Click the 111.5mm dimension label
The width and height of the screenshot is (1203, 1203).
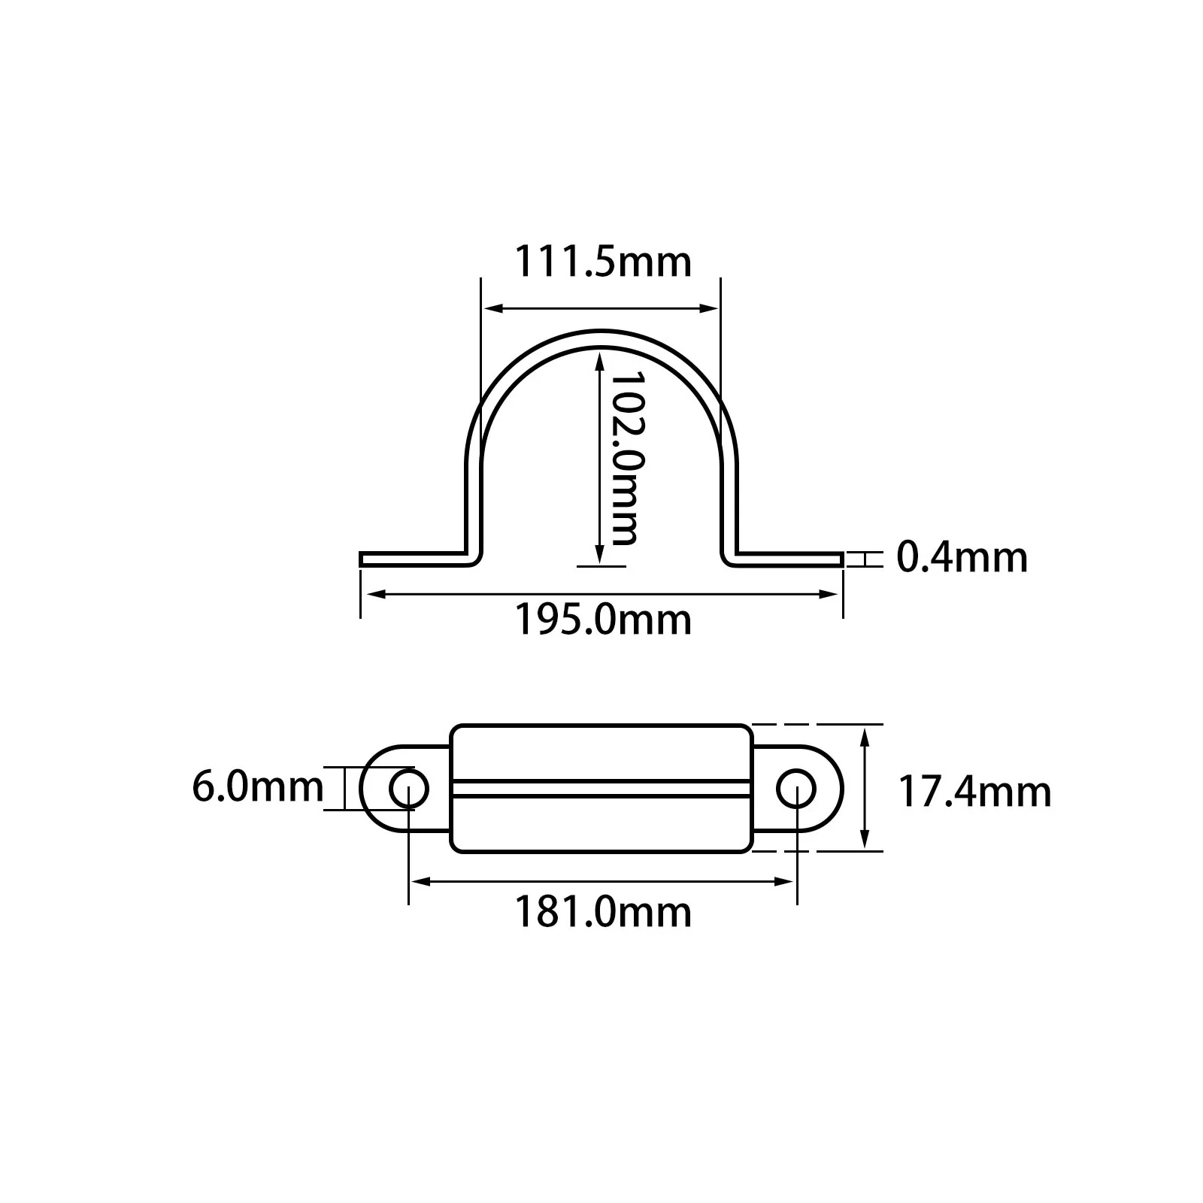click(602, 262)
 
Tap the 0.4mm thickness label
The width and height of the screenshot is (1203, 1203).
click(962, 557)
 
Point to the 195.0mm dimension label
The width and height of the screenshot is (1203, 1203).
click(602, 620)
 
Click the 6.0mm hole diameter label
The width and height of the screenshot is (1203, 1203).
click(258, 786)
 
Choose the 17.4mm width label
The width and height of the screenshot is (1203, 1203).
click(975, 792)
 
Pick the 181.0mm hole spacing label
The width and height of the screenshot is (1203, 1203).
click(602, 912)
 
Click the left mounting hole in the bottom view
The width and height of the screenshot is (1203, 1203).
click(408, 789)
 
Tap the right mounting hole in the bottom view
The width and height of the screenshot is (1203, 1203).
click(796, 789)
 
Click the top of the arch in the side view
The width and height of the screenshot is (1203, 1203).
click(601, 338)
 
